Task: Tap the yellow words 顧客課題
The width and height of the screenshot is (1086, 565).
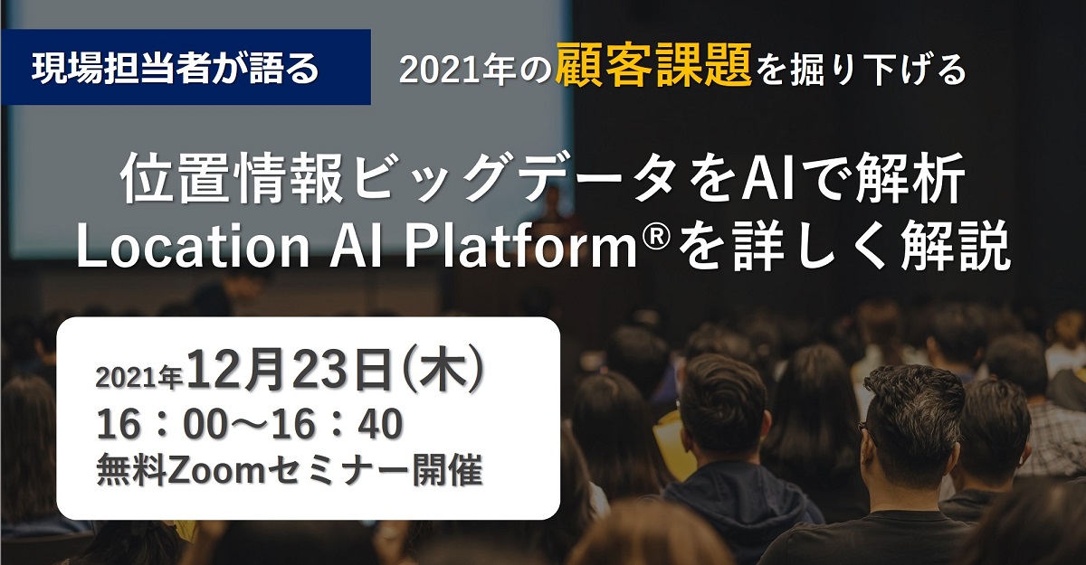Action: click(653, 68)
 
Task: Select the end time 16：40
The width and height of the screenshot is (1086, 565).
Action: click(343, 425)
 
